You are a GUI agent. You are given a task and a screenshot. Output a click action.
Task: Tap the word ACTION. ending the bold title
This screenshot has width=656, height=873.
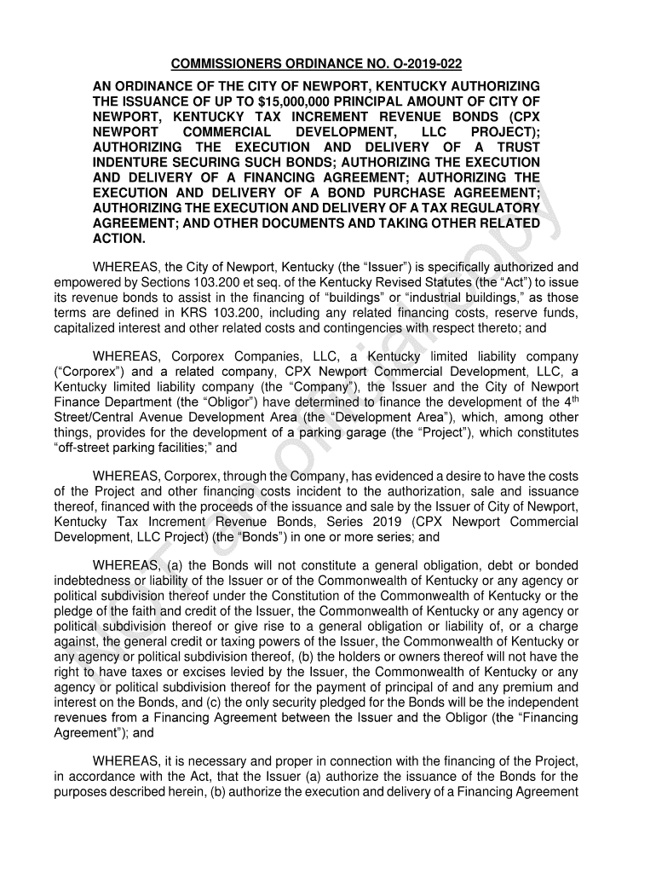click(x=119, y=240)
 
